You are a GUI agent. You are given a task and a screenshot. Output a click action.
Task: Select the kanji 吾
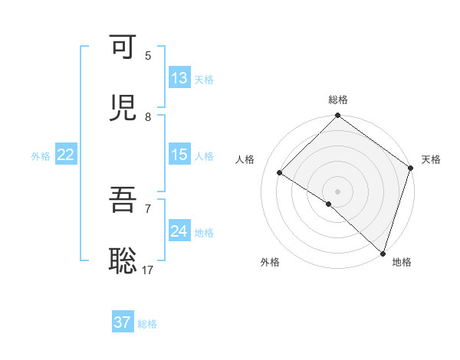(x=123, y=200)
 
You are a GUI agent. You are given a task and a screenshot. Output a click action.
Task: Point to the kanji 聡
(x=123, y=261)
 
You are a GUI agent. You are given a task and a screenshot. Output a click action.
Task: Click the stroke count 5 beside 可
(x=148, y=56)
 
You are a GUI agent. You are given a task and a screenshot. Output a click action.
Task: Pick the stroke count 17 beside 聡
(x=148, y=270)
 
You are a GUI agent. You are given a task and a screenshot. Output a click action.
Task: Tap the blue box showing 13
(x=179, y=78)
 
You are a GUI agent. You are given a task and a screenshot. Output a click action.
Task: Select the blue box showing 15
(x=179, y=155)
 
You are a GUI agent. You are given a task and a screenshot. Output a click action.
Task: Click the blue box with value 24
(x=179, y=231)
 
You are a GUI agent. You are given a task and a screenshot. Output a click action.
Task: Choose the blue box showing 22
(x=66, y=155)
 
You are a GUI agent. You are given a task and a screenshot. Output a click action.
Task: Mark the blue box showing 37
(x=123, y=322)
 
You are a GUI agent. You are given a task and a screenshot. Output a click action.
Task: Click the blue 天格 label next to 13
(x=204, y=80)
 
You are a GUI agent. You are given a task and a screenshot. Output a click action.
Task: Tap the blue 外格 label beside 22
(x=41, y=156)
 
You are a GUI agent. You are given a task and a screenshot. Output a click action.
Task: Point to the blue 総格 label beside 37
(x=147, y=324)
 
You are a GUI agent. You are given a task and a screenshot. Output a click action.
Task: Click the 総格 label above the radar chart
(x=338, y=100)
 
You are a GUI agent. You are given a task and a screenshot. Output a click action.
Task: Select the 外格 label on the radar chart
(x=270, y=262)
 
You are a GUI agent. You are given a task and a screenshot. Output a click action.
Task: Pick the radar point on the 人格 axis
(x=280, y=173)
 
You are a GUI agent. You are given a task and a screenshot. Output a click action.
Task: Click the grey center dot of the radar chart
(x=337, y=191)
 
